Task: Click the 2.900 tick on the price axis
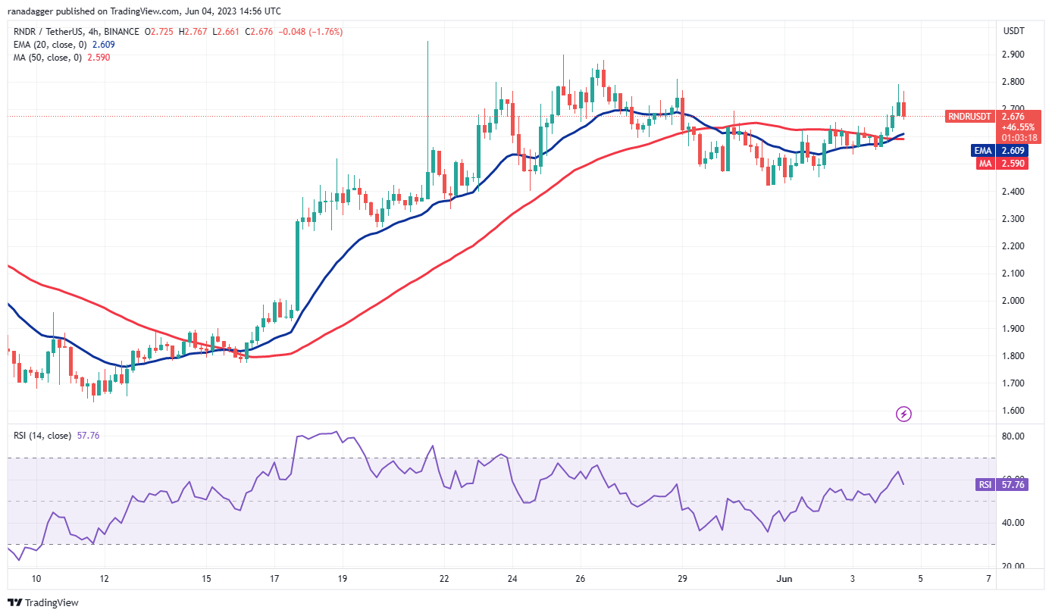point(1013,55)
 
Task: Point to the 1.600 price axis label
point(1013,411)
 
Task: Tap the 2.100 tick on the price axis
point(1013,274)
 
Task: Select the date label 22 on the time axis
point(444,580)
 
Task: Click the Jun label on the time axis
point(784,580)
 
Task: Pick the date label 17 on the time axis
point(274,580)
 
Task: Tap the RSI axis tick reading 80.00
point(1013,436)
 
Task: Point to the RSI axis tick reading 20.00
point(1013,566)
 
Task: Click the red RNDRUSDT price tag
point(969,117)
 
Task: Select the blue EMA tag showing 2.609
point(982,150)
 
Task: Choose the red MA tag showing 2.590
point(982,163)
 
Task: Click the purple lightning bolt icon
point(903,414)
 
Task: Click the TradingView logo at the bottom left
point(43,603)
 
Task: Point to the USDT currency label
point(1013,31)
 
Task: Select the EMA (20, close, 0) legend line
point(53,45)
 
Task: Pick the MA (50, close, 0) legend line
point(50,57)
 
